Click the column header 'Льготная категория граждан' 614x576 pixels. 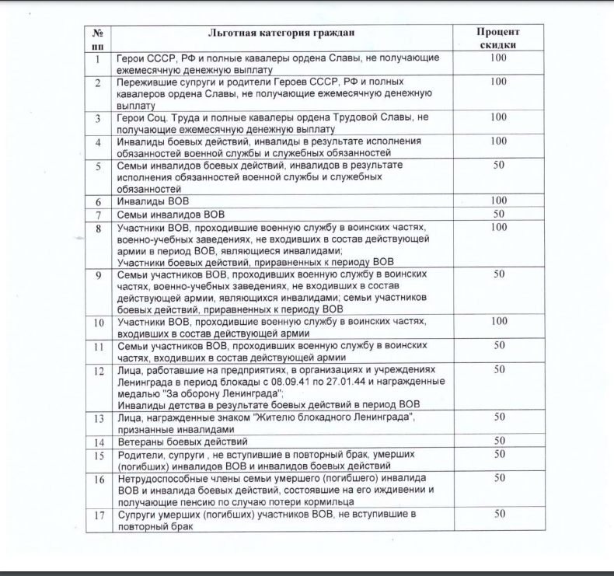(281, 33)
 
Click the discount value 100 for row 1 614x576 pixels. (498, 58)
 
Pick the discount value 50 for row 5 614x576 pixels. (499, 166)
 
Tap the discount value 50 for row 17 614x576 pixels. (500, 513)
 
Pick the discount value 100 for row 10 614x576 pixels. (499, 321)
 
